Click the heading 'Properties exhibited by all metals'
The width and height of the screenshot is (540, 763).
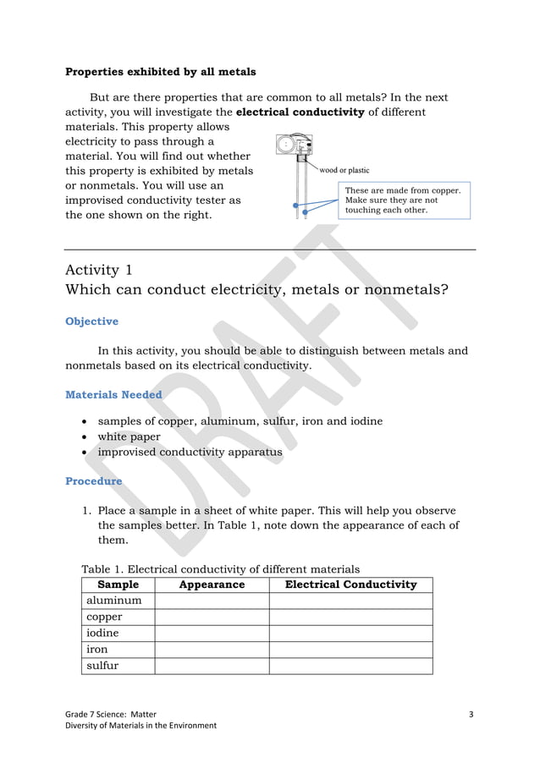click(161, 72)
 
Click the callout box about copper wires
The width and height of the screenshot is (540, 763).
click(402, 200)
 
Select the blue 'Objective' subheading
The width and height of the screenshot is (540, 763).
click(91, 321)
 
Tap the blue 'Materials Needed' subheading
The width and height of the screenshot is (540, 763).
click(113, 394)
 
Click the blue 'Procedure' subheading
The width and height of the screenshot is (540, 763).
click(93, 480)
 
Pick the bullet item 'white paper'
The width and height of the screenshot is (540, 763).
click(129, 436)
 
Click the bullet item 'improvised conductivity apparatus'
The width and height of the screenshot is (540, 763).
click(190, 452)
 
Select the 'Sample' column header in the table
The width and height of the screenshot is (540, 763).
click(118, 585)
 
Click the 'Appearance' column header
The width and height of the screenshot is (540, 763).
click(212, 585)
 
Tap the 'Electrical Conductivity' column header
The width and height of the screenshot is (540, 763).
click(350, 585)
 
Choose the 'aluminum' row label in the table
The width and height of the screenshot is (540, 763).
click(114, 601)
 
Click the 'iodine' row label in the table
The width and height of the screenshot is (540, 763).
click(102, 633)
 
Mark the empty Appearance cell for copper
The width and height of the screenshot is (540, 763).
click(212, 617)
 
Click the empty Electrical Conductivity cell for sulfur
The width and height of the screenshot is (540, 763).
click(350, 666)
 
